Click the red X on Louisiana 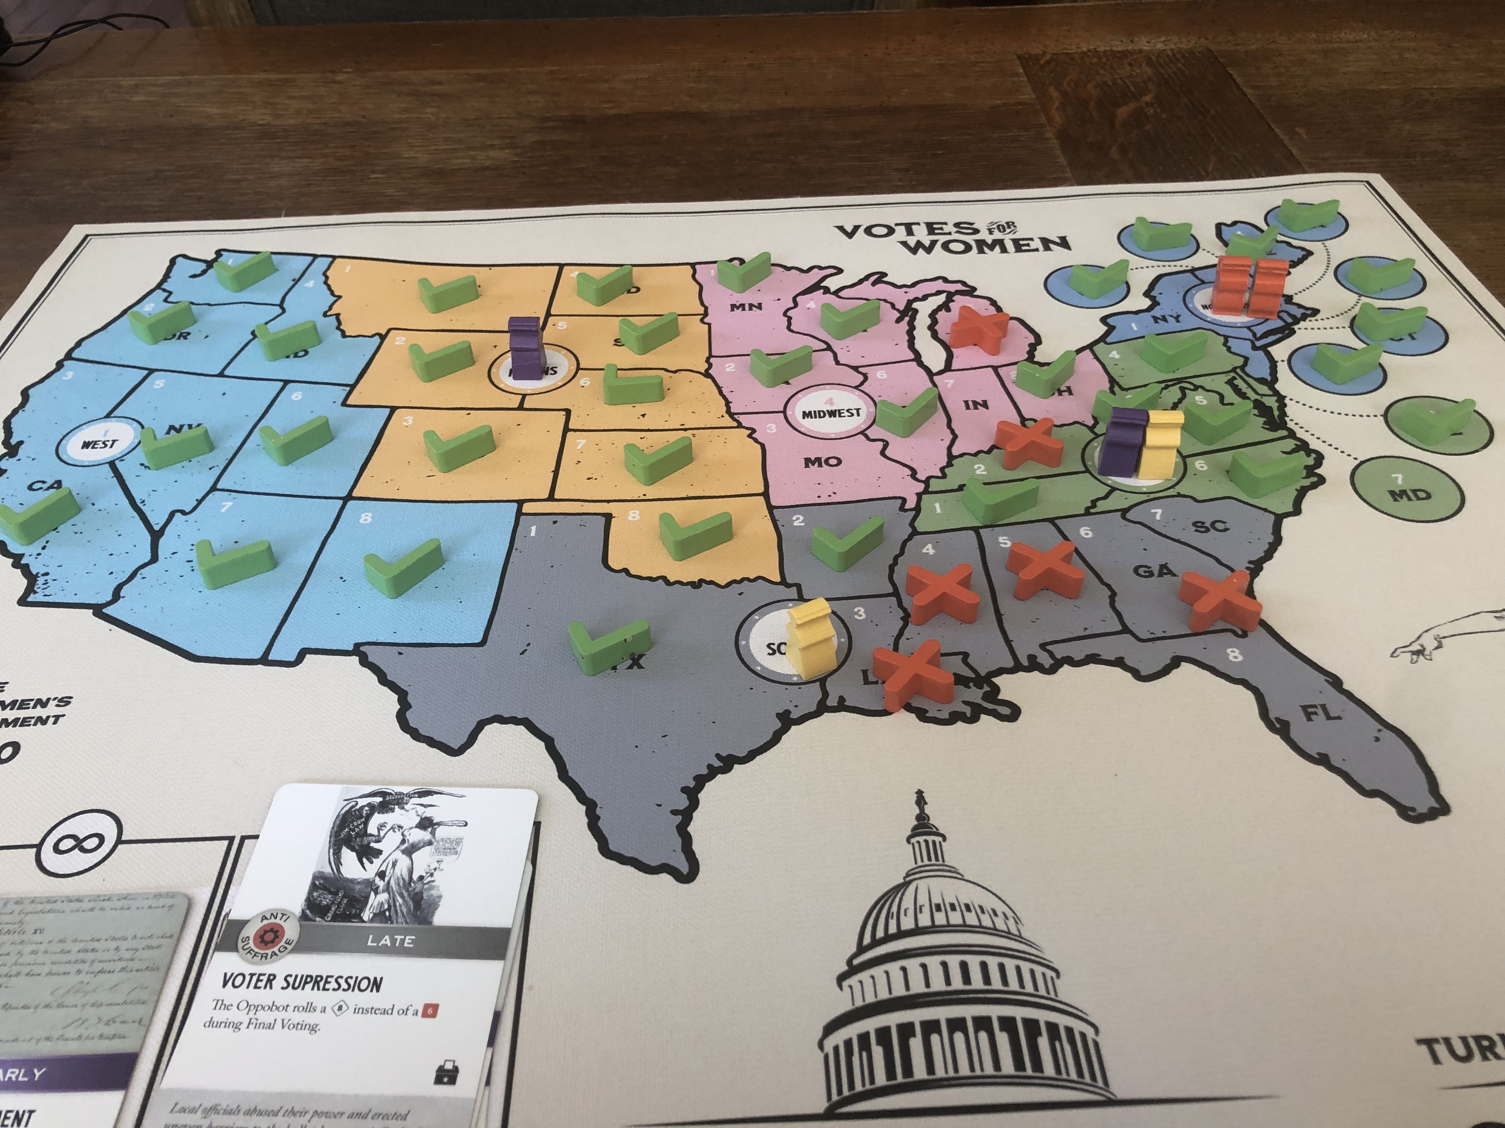tap(908, 674)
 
